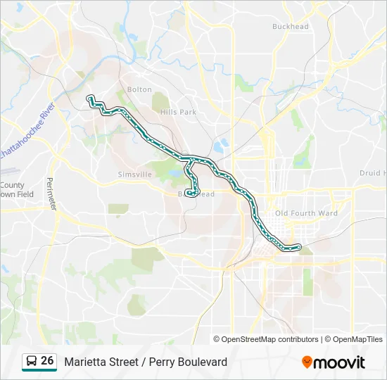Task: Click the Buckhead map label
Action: [x=291, y=27]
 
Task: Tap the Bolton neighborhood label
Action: [x=139, y=89]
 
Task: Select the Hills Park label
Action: [x=178, y=112]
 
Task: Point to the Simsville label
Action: [x=134, y=174]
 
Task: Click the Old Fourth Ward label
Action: [x=306, y=213]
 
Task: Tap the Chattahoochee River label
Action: [x=28, y=129]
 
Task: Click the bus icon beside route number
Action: [x=31, y=362]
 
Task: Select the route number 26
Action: [x=47, y=361]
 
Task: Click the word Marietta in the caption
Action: [x=84, y=362]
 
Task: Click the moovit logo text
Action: [x=339, y=362]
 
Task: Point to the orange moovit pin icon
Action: [x=307, y=362]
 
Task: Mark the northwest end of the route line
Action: [x=89, y=97]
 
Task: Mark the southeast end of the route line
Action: [x=299, y=246]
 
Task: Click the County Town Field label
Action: [x=15, y=190]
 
